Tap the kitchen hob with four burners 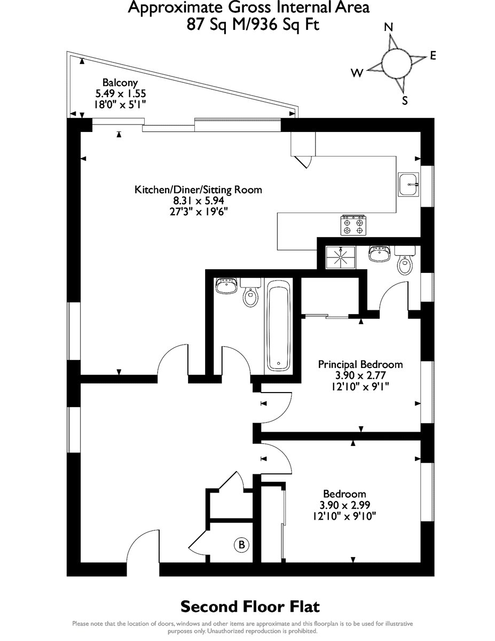click(x=353, y=225)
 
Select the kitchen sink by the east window click(x=408, y=184)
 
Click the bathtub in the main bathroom click(x=278, y=325)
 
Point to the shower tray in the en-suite click(x=341, y=257)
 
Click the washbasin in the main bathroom click(x=226, y=286)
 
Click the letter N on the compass click(x=389, y=27)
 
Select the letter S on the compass click(x=405, y=100)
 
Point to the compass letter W click(x=357, y=73)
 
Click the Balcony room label click(x=120, y=83)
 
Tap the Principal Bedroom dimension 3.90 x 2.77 click(x=360, y=376)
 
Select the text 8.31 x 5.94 click(x=199, y=201)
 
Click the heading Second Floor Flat click(x=250, y=607)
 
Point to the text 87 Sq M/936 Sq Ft click(x=253, y=25)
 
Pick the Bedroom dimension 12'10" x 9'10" click(x=344, y=516)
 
